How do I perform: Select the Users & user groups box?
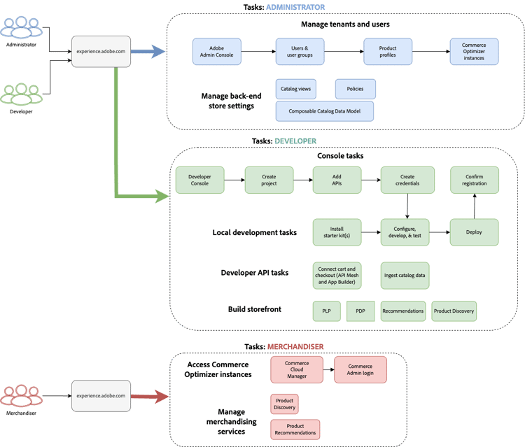(297, 52)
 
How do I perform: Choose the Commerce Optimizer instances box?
(474, 52)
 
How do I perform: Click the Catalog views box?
(296, 90)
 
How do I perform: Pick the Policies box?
(355, 90)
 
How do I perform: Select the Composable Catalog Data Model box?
(324, 111)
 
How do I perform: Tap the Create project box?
(269, 180)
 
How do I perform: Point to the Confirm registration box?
(474, 180)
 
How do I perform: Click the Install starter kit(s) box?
(337, 232)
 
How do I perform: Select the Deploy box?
(474, 232)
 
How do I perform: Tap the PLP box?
(326, 311)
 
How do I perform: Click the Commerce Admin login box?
(360, 370)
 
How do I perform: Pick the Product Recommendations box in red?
(295, 430)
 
